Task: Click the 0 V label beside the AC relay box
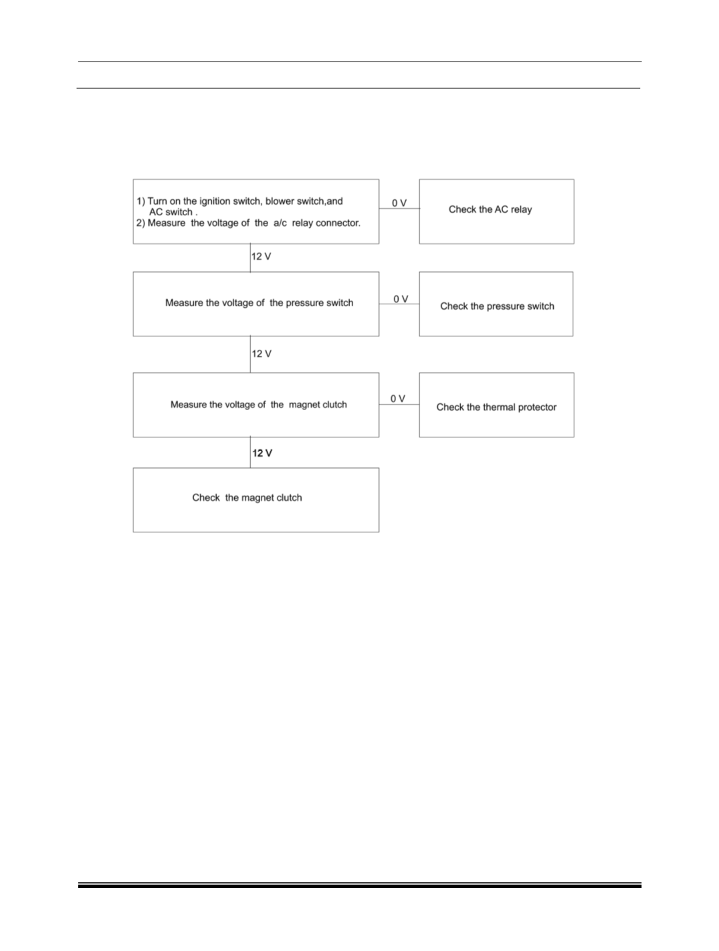click(399, 203)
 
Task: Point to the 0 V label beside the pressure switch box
click(401, 299)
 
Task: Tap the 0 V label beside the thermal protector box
click(398, 399)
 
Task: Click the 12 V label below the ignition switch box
click(261, 257)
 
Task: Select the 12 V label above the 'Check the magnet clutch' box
click(262, 453)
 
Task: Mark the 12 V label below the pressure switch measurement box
click(262, 354)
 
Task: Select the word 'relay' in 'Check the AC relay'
click(521, 210)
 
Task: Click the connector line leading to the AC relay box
click(399, 209)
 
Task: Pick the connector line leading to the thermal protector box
click(399, 405)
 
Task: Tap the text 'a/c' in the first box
click(280, 223)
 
